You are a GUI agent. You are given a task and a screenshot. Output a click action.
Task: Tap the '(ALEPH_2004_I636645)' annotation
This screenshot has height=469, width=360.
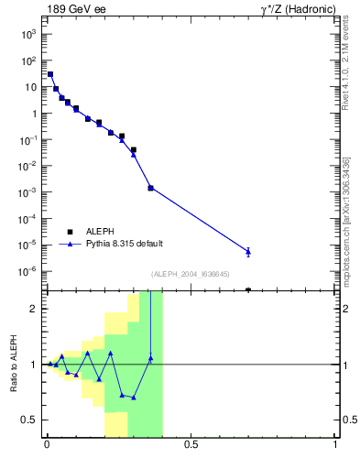[191, 274]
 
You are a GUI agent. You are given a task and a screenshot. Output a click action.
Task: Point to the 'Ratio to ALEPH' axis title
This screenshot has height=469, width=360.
[15, 364]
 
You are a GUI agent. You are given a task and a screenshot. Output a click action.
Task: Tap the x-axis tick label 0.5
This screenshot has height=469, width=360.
[191, 445]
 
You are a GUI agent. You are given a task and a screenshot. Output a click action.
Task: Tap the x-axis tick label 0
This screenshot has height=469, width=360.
[47, 445]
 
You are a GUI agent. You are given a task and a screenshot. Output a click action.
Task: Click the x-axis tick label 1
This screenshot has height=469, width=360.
[335, 445]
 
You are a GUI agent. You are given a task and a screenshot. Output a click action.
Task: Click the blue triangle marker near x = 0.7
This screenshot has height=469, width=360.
[248, 251]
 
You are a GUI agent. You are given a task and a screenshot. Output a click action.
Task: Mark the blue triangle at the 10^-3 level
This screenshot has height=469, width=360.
[150, 188]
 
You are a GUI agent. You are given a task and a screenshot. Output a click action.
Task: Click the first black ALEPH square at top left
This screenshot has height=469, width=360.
[50, 75]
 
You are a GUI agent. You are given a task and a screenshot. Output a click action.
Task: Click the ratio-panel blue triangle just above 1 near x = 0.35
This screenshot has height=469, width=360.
[150, 358]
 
